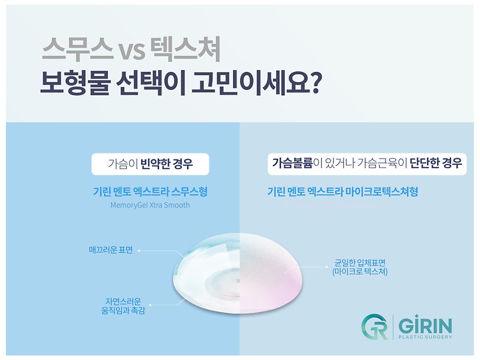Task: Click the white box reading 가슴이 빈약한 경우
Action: pyautogui.click(x=150, y=164)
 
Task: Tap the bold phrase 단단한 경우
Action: pyautogui.click(x=436, y=163)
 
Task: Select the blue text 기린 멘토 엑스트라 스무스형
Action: pyautogui.click(x=150, y=192)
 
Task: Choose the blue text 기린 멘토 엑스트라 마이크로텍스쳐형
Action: pyautogui.click(x=343, y=192)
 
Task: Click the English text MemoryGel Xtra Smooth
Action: pyautogui.click(x=150, y=205)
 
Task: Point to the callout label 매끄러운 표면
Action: pyautogui.click(x=111, y=250)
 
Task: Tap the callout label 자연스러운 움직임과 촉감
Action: pyautogui.click(x=123, y=306)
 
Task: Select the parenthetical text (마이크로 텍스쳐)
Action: pyautogui.click(x=360, y=272)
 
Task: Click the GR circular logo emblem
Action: pyautogui.click(x=374, y=327)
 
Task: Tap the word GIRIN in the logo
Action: pyautogui.click(x=425, y=326)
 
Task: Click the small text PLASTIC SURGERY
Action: pyautogui.click(x=425, y=337)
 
